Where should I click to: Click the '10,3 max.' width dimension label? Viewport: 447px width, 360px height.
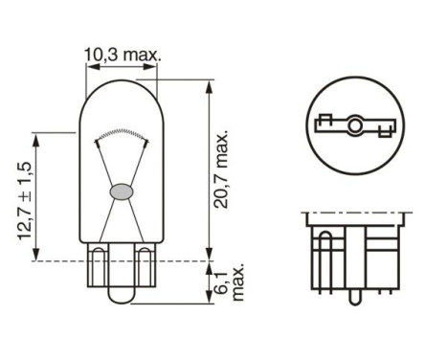[x=123, y=56]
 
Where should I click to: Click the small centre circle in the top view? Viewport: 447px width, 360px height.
[x=354, y=124]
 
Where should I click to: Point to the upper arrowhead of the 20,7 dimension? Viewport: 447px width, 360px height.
[x=209, y=85]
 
